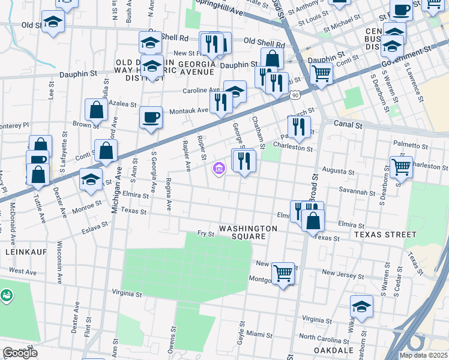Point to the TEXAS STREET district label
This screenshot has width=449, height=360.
click(384, 234)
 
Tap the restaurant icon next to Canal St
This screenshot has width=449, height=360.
click(298, 127)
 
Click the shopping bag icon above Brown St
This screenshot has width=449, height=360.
click(96, 109)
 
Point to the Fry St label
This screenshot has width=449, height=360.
click(206, 233)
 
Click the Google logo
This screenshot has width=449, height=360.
click(20, 353)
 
